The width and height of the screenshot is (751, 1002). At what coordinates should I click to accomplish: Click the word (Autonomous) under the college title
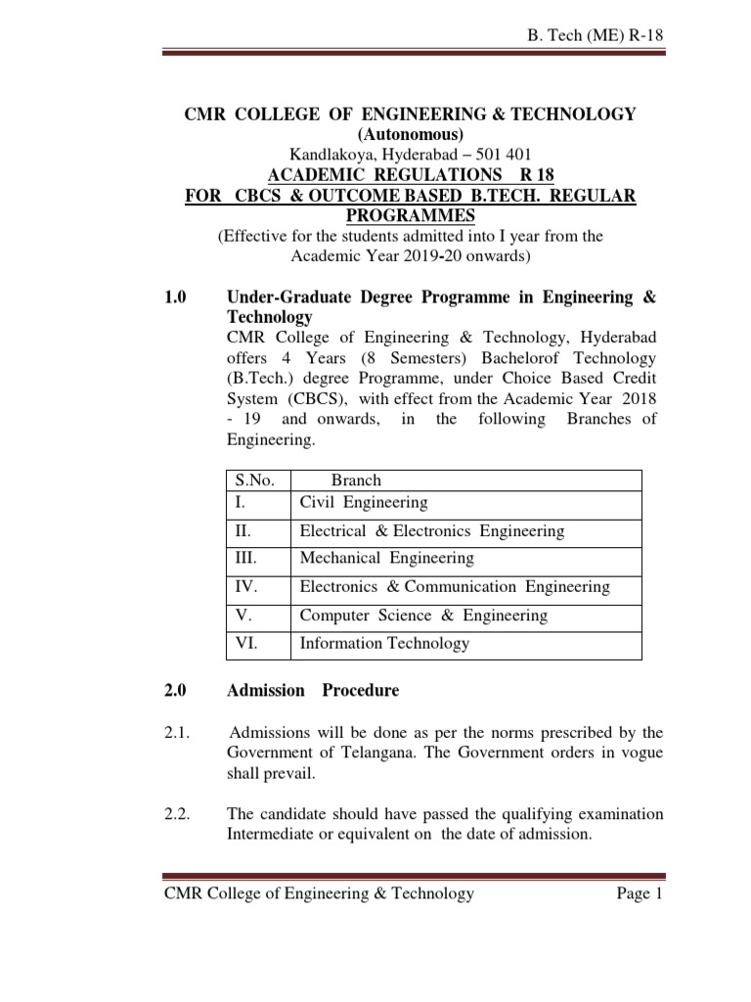pyautogui.click(x=411, y=134)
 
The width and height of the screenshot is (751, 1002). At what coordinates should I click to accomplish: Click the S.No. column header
pyautogui.click(x=255, y=480)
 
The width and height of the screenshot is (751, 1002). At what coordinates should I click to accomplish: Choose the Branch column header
pyautogui.click(x=356, y=480)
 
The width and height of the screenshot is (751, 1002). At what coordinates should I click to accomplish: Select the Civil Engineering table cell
pyautogui.click(x=364, y=503)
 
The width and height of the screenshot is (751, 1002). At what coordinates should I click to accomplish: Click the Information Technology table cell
pyautogui.click(x=384, y=643)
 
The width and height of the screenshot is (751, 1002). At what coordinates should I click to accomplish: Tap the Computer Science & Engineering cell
pyautogui.click(x=423, y=615)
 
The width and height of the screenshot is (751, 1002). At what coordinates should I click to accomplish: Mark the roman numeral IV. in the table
pyautogui.click(x=245, y=587)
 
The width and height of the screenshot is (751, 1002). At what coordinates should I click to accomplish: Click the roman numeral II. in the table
pyautogui.click(x=243, y=531)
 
